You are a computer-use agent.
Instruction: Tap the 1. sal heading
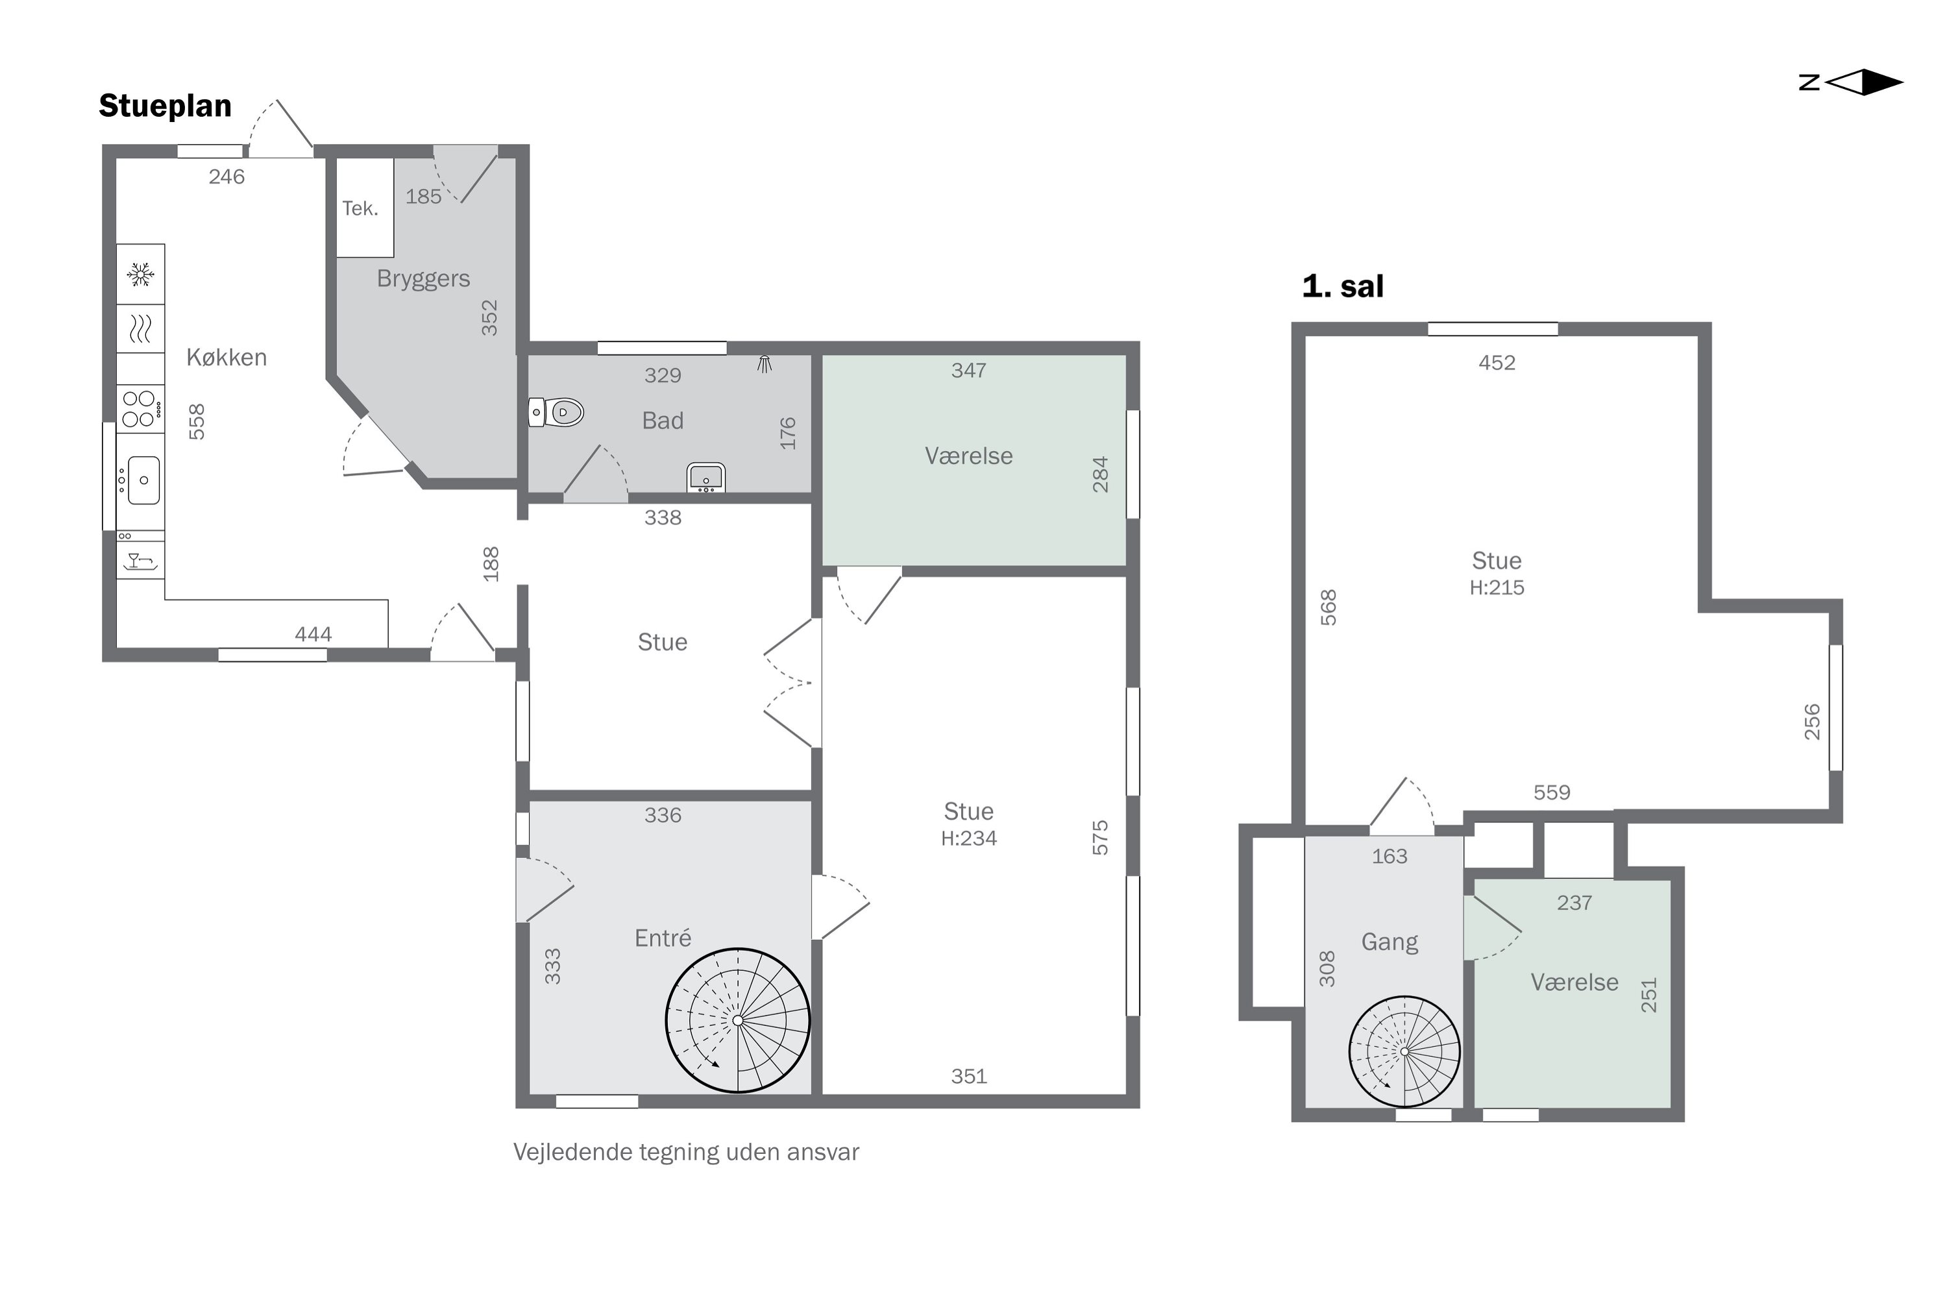(1343, 286)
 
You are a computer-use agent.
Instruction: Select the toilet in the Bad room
(556, 411)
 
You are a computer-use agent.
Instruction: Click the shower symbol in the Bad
(764, 364)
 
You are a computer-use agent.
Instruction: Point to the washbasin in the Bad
(706, 478)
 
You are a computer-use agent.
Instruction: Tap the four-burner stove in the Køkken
(140, 409)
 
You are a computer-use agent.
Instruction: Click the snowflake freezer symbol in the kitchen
(140, 274)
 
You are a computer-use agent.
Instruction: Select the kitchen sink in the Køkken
(141, 480)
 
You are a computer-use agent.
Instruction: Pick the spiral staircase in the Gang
(1405, 1051)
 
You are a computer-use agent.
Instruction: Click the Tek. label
(360, 208)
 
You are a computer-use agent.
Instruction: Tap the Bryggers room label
(423, 279)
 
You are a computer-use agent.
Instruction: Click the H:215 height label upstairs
(1497, 588)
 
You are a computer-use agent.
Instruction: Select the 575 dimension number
(1099, 838)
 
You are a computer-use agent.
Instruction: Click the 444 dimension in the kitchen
(313, 634)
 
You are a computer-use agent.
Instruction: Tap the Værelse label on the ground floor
(968, 456)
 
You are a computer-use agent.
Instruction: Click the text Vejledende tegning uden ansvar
(686, 1153)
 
